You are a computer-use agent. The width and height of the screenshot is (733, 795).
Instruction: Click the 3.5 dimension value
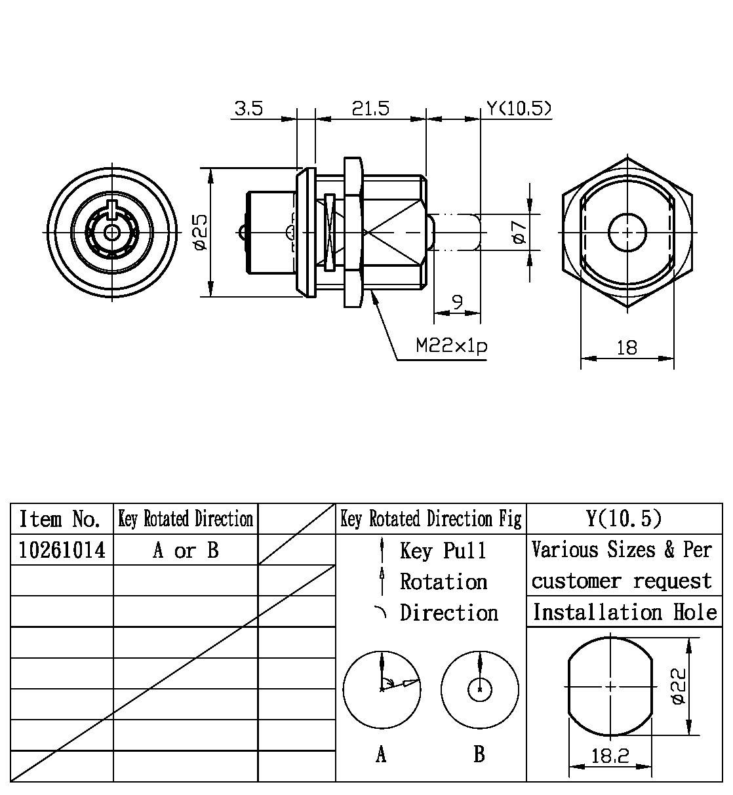click(249, 108)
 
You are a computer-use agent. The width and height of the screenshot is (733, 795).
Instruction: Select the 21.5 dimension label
click(370, 108)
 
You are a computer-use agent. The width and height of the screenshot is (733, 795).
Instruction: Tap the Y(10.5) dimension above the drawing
click(518, 108)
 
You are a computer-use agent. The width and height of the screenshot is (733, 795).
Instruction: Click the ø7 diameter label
click(519, 232)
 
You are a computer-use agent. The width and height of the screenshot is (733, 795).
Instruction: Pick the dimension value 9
click(458, 302)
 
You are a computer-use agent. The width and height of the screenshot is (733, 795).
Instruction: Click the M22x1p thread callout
click(452, 346)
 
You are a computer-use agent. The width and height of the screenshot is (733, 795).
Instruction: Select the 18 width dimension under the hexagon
click(627, 347)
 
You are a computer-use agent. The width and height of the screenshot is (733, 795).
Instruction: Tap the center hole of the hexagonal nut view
click(627, 232)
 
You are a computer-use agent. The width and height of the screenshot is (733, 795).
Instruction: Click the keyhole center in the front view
click(112, 231)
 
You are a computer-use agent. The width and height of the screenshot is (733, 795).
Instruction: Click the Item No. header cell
click(60, 519)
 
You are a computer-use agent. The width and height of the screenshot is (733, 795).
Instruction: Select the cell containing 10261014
click(62, 550)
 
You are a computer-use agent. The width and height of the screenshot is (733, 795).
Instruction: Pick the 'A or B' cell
click(186, 550)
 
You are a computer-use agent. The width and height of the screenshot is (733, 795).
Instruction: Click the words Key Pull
click(443, 551)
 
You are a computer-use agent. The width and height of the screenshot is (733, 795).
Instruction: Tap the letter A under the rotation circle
click(381, 755)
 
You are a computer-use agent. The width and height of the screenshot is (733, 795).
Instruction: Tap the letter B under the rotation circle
click(479, 754)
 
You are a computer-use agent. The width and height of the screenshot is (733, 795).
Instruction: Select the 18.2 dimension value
click(610, 756)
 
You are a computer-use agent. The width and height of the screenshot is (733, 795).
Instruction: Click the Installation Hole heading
click(624, 612)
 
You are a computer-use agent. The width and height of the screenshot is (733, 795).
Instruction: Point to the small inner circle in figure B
click(481, 689)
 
